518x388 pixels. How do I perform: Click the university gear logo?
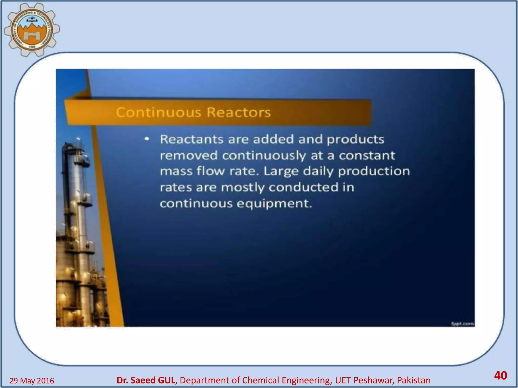pos(32,30)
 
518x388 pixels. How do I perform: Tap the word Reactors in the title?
pos(239,112)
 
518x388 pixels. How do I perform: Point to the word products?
pos(355,140)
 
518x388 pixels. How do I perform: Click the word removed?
pos(189,155)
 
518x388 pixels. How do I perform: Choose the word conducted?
pos(304,187)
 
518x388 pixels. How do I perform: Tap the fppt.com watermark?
pos(462,324)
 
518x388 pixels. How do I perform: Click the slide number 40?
pos(500,375)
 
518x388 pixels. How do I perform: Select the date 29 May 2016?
pos(32,381)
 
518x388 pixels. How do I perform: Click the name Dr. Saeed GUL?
pos(146,380)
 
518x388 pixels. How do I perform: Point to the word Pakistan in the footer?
pos(414,380)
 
